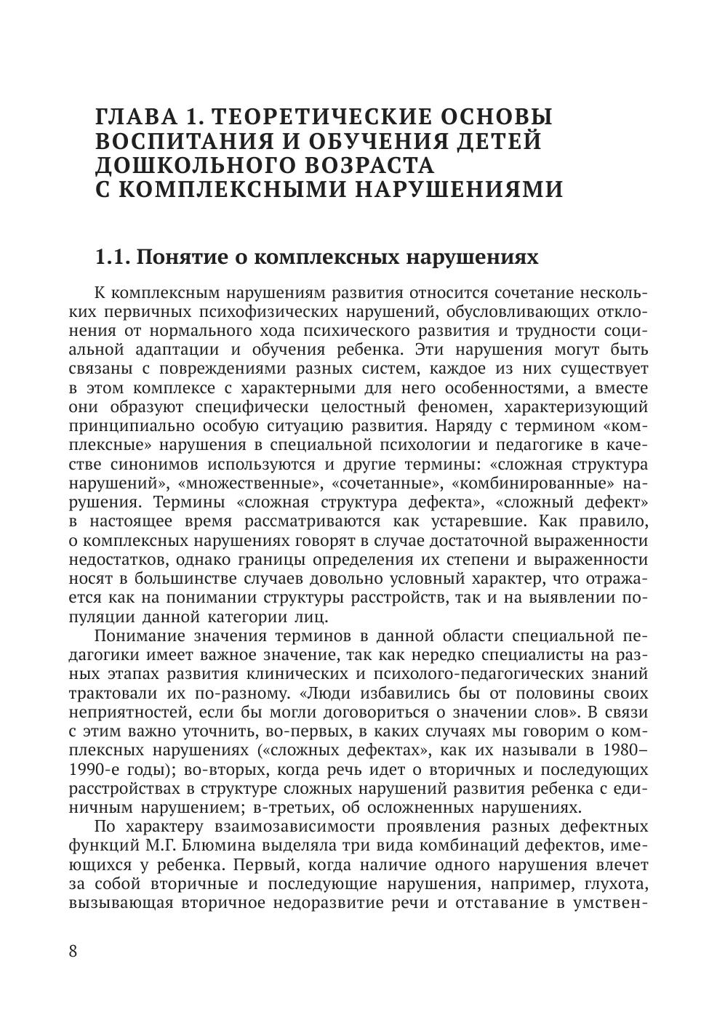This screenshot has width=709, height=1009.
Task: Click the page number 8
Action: pos(73,952)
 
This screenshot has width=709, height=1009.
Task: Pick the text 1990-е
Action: pos(95,769)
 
